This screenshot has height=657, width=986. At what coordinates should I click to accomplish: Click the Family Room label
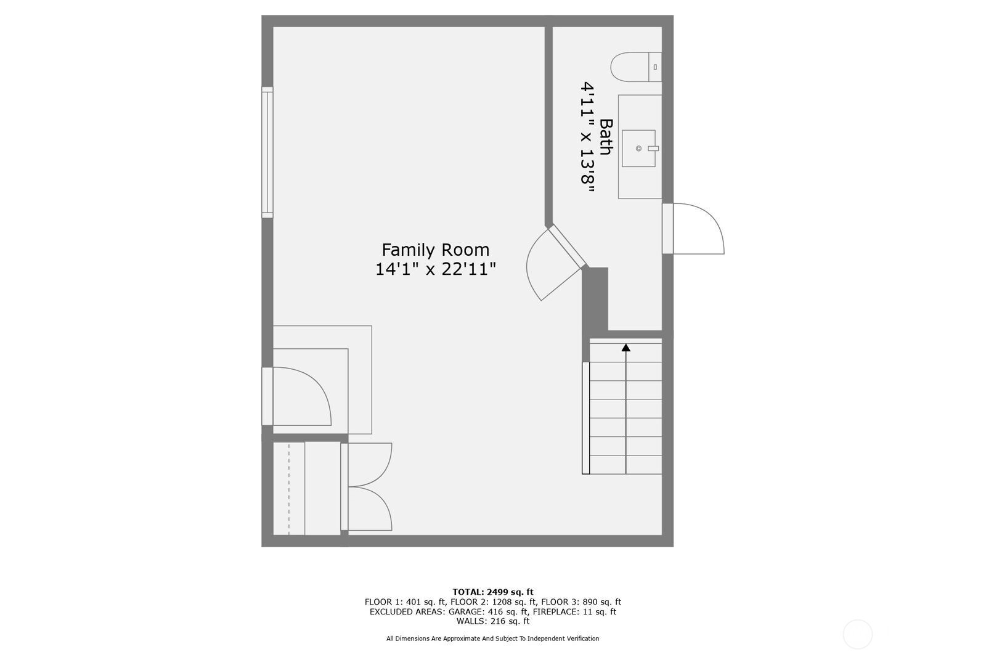pyautogui.click(x=435, y=250)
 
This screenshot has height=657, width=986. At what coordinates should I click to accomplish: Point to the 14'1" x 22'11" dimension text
pyautogui.click(x=435, y=269)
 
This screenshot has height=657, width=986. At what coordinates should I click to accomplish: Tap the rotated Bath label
pyautogui.click(x=606, y=136)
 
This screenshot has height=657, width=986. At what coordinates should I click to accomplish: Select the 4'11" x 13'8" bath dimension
pyautogui.click(x=587, y=136)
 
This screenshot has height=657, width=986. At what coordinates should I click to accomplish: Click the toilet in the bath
pyautogui.click(x=635, y=67)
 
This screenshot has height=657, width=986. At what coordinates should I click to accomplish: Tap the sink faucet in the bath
pyautogui.click(x=653, y=149)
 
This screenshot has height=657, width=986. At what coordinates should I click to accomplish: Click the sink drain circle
pyautogui.click(x=638, y=149)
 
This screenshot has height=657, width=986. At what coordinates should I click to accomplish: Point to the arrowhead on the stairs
pyautogui.click(x=626, y=348)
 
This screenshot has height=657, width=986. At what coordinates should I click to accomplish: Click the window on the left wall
pyautogui.click(x=267, y=152)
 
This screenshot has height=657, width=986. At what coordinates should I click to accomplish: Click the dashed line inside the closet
pyautogui.click(x=289, y=488)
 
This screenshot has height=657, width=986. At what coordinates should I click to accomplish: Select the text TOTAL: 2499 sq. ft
pyautogui.click(x=492, y=592)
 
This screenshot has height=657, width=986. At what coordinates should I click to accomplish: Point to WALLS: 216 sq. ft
pyautogui.click(x=492, y=621)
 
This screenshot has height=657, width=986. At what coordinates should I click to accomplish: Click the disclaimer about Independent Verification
pyautogui.click(x=492, y=639)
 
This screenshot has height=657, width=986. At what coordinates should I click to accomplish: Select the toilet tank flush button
pyautogui.click(x=656, y=67)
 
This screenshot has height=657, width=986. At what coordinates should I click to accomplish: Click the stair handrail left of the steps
pyautogui.click(x=585, y=418)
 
